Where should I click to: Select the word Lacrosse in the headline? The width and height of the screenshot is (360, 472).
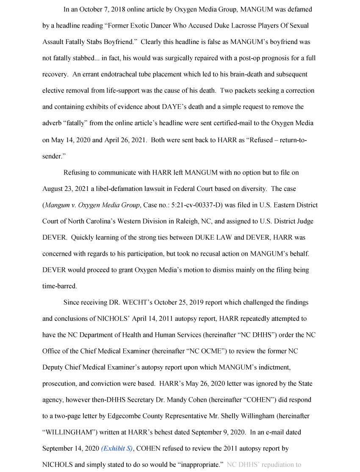click(x=229, y=26)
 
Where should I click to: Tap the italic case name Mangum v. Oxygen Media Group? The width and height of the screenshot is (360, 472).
click(x=92, y=205)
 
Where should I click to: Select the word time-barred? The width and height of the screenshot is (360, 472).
click(x=59, y=286)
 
